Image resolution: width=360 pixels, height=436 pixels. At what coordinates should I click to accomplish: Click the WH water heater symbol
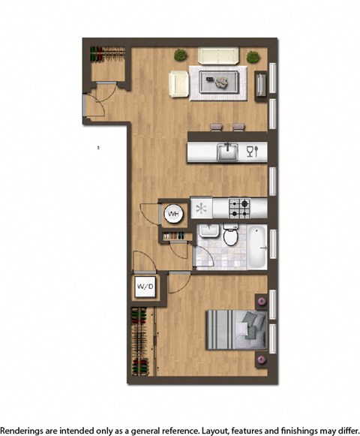172,214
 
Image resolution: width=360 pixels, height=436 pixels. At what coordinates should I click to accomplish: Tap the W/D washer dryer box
145,286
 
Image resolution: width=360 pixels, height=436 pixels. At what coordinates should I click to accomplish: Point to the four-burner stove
239,206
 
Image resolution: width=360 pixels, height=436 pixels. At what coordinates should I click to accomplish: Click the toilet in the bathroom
232,236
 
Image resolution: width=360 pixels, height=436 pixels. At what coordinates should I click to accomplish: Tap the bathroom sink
208,231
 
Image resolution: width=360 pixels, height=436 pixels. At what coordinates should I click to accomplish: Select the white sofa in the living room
219,56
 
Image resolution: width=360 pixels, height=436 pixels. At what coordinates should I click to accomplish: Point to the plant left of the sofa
180,55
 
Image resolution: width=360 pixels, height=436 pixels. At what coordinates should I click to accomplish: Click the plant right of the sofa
253,56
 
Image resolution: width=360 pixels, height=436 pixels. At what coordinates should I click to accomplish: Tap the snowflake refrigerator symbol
200,206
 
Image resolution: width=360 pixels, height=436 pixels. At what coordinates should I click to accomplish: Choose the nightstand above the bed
261,301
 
